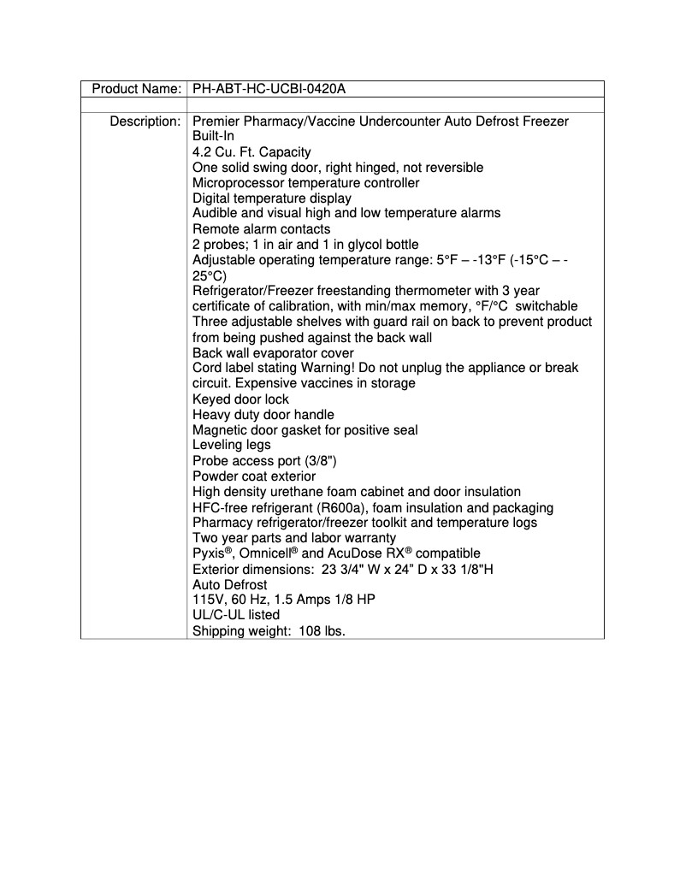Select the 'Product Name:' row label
click(136, 89)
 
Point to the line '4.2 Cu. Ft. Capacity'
click(251, 152)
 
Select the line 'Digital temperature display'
click(272, 198)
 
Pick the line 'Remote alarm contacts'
click(261, 229)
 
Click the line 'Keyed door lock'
click(240, 399)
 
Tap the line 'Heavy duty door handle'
click(263, 415)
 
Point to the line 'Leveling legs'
click(231, 445)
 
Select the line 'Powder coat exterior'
click(254, 476)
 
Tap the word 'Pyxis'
click(209, 554)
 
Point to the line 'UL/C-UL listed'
click(236, 615)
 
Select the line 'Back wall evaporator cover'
click(273, 353)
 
